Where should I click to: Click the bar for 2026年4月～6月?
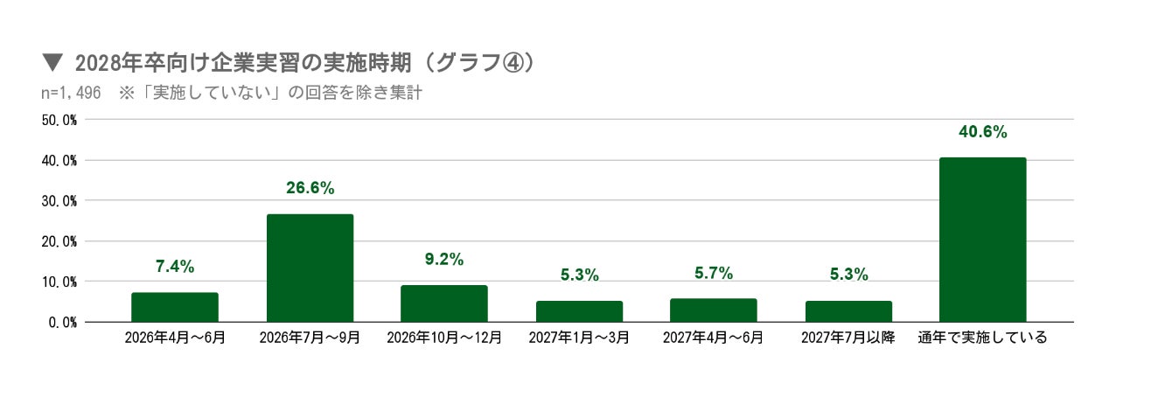175,307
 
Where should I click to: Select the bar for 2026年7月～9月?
310,268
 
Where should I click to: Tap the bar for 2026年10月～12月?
444,303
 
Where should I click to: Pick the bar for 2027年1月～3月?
579,311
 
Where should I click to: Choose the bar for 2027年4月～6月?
713,310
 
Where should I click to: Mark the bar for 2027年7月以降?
848,311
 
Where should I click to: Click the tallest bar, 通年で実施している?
982,240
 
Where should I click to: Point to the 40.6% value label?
982,132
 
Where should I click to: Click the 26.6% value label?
310,188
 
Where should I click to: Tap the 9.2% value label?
444,260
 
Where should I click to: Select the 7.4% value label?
175,267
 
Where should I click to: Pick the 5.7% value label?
713,273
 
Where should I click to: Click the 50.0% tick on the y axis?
59,121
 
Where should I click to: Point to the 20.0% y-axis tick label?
59,242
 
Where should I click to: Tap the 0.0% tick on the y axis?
63,323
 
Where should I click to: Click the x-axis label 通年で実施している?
982,338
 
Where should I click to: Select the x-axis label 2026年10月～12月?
444,338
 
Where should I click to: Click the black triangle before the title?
52,63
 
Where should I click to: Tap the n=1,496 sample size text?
71,93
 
